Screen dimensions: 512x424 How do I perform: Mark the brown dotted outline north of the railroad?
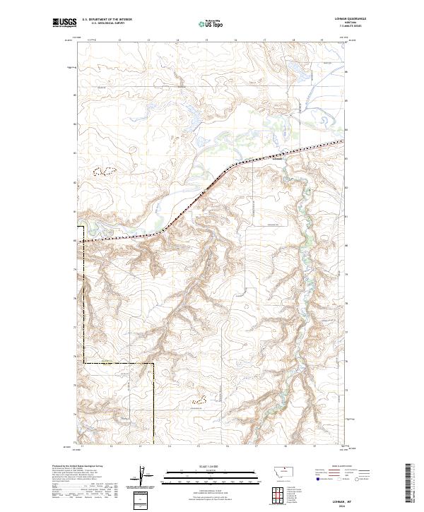pyautogui.click(x=105, y=171)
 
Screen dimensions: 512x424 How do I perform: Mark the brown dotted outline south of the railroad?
pyautogui.click(x=199, y=400)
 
